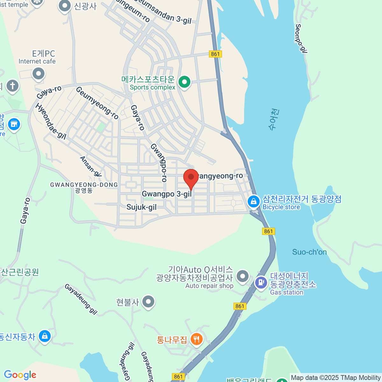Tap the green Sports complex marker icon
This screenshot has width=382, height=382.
(x=184, y=82)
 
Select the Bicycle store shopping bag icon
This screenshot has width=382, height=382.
(x=254, y=201)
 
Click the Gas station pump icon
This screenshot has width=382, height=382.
(x=261, y=282)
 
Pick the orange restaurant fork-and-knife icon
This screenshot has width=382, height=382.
(x=196, y=339)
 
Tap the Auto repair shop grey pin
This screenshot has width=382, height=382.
(x=243, y=276)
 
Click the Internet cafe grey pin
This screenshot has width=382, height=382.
(x=39, y=74)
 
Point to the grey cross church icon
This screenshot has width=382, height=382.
(x=12, y=86)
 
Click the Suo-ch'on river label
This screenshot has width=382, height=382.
(x=309, y=252)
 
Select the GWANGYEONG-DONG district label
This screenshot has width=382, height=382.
(x=84, y=185)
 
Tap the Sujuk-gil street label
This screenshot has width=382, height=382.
(x=141, y=207)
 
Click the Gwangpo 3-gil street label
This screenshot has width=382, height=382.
(x=166, y=194)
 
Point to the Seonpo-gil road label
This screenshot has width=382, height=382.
(x=301, y=38)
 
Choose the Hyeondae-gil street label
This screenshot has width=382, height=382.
(x=51, y=121)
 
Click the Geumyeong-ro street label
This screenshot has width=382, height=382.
(x=97, y=103)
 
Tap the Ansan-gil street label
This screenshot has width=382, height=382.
(x=91, y=166)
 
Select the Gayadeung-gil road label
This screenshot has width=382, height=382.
(x=81, y=299)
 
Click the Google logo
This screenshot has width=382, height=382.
(x=20, y=375)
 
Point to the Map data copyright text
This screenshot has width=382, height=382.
(x=336, y=378)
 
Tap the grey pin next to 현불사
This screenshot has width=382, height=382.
(x=148, y=302)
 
